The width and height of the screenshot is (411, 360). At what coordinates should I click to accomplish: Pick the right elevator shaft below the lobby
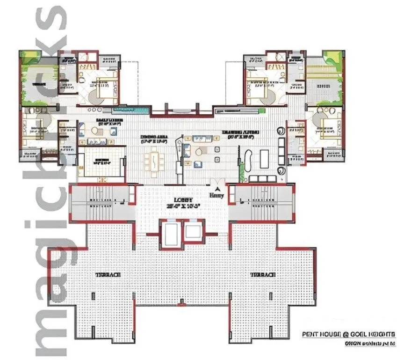pyautogui.click(x=193, y=232)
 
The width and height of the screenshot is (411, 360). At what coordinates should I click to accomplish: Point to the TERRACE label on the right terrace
pyautogui.click(x=262, y=275)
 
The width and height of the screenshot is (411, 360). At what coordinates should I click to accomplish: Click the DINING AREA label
pyautogui.click(x=154, y=137)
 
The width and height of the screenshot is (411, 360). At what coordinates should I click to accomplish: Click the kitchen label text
pyautogui.click(x=102, y=160)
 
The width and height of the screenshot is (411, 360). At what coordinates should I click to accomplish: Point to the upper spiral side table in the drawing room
pyautogui.click(x=281, y=130)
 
